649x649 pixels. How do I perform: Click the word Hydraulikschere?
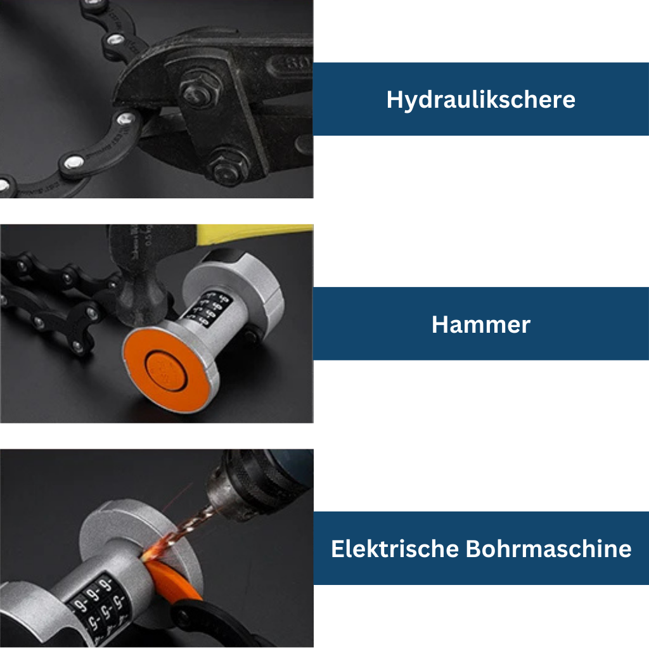click(x=480, y=100)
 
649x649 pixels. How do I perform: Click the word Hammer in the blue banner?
click(x=480, y=324)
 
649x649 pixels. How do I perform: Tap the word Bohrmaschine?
click(x=548, y=548)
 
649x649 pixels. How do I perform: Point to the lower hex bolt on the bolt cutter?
click(x=223, y=168)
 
